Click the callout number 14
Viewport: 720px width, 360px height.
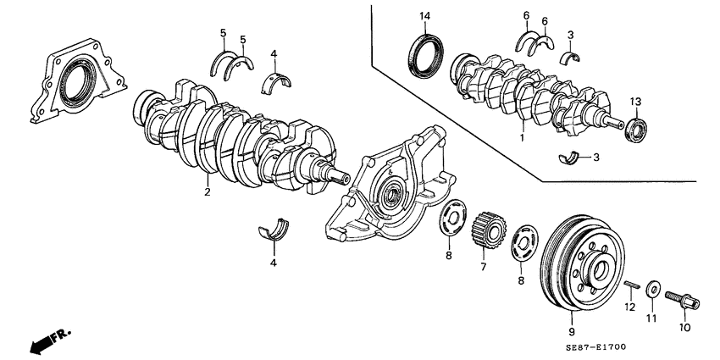pyautogui.click(x=424, y=16)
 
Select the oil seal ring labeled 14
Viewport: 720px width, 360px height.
pyautogui.click(x=424, y=53)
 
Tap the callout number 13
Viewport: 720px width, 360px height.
pyautogui.click(x=636, y=102)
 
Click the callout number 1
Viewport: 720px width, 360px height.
pyautogui.click(x=523, y=136)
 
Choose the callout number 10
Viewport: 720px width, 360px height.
pyautogui.click(x=685, y=327)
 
